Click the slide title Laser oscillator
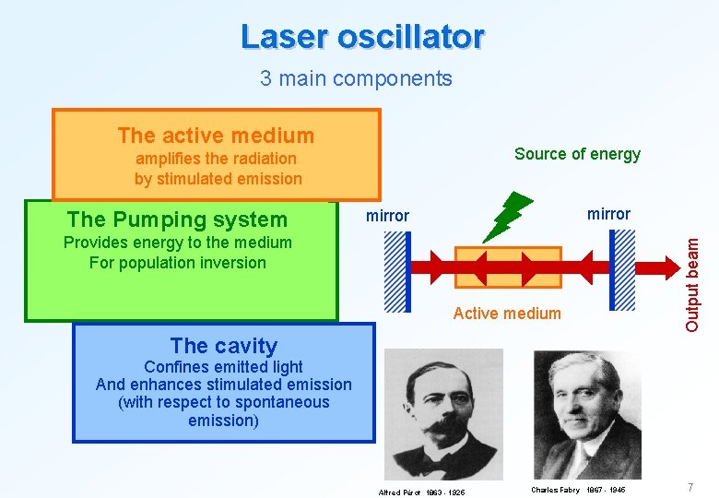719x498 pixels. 362,37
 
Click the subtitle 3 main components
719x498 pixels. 356,78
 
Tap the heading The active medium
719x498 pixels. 216,136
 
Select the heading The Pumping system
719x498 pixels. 177,219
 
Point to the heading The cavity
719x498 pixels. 223,346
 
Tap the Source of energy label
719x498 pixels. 577,154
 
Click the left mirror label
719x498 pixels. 387,216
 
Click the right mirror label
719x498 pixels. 608,214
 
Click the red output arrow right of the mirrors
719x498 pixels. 656,268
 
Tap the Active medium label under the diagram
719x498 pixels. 507,314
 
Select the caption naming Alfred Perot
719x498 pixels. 422,492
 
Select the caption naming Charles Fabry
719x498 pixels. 578,490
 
